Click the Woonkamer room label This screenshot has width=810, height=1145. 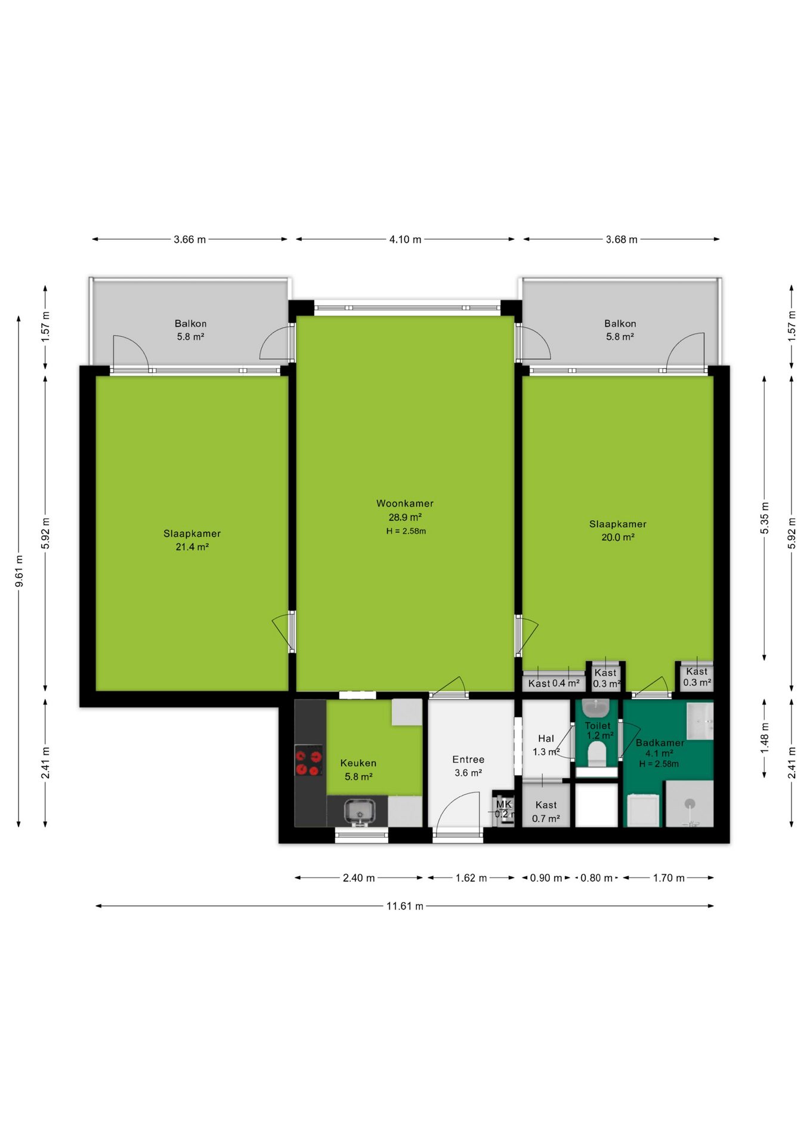click(x=404, y=503)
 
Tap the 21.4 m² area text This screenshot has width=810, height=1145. click(x=192, y=547)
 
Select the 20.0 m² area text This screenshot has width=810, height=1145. click(x=618, y=537)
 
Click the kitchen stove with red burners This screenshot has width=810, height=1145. click(x=309, y=760)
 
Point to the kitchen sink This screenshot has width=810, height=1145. click(x=360, y=812)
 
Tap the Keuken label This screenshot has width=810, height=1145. click(x=358, y=763)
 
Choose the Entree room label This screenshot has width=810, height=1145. click(x=468, y=760)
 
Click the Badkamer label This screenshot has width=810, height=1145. click(x=660, y=743)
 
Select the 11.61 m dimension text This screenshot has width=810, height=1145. click(x=405, y=906)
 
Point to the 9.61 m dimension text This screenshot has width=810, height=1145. click(x=19, y=571)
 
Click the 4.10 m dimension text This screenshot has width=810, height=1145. click(x=406, y=240)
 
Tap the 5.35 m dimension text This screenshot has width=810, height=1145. click(x=765, y=518)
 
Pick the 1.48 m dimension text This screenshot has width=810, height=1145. click(x=765, y=738)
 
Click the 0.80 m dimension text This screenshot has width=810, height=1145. click(x=596, y=878)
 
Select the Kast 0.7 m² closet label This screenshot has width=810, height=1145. click(x=546, y=812)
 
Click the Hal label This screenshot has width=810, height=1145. click(x=546, y=739)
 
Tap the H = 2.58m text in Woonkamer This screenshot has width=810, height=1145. click(x=406, y=531)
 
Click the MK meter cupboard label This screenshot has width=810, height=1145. click(x=504, y=804)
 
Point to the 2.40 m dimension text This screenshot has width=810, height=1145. click(x=358, y=878)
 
